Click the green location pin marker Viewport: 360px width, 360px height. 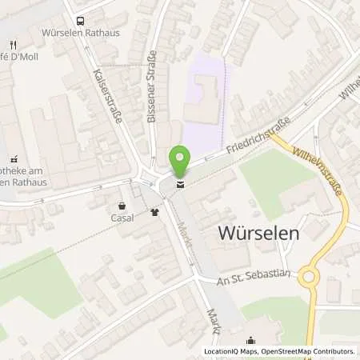180,162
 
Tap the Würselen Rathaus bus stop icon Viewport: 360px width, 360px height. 79,22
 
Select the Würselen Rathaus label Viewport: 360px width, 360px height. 79,34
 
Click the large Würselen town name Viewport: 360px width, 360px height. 258,234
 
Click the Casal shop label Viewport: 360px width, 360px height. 122,217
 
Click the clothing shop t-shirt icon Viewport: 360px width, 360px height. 154,213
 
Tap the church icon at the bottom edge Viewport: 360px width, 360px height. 250,339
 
